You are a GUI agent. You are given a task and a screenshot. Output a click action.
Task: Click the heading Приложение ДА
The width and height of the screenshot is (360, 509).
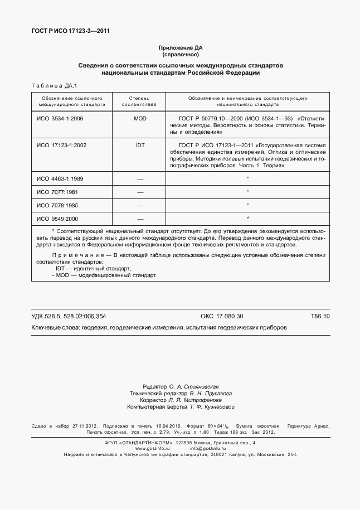[180, 49]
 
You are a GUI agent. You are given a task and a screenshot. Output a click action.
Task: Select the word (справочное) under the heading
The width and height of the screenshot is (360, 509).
[180, 55]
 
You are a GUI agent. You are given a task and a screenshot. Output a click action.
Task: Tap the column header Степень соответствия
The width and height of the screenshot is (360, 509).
[139, 101]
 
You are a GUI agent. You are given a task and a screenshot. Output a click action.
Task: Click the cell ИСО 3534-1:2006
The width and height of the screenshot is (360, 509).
[60, 119]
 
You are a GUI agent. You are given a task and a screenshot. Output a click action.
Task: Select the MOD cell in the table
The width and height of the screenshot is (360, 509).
[140, 119]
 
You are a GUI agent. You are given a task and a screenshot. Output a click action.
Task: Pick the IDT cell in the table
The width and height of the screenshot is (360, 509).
[140, 145]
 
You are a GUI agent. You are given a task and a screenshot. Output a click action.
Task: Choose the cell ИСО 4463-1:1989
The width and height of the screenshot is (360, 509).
[60, 178]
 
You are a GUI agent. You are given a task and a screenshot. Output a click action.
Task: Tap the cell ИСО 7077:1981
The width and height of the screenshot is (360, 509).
[57, 192]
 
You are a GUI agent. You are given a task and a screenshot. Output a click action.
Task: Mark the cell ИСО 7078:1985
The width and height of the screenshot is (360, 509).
[57, 205]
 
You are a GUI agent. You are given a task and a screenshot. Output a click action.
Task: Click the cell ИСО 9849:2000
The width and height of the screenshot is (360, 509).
[57, 219]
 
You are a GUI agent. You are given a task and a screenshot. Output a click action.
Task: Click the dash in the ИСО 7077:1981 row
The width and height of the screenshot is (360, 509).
[140, 192]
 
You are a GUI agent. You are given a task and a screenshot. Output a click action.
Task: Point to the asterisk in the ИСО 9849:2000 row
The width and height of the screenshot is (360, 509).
[247, 218]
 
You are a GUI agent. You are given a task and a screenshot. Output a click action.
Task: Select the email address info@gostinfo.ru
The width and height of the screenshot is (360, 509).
[207, 448]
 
